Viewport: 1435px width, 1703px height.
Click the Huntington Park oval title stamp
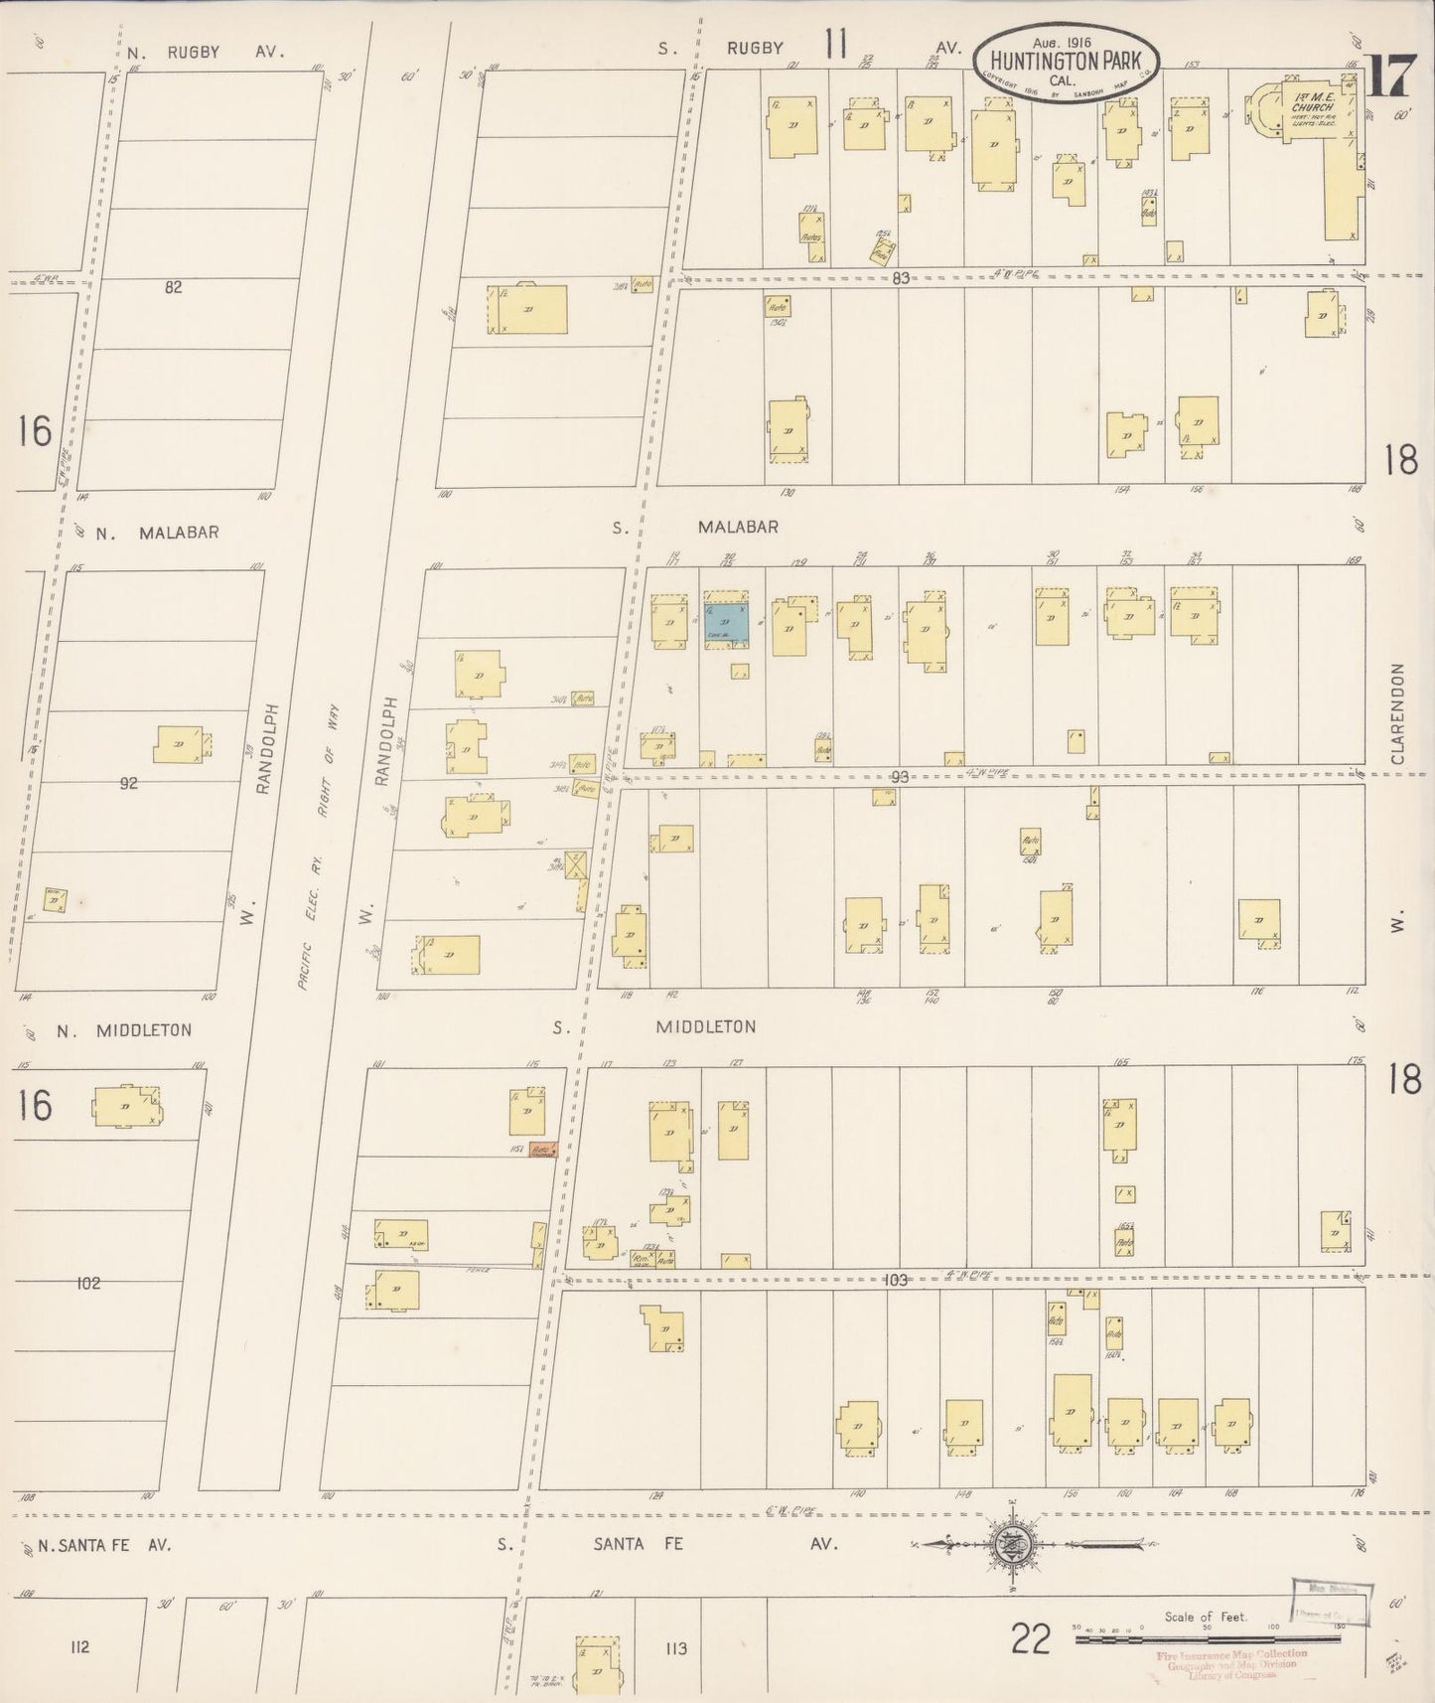tap(1066, 62)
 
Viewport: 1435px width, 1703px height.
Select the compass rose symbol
tap(1012, 1543)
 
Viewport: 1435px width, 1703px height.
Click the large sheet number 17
tap(1389, 76)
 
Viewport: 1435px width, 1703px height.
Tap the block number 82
tap(174, 287)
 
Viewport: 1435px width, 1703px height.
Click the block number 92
tap(128, 783)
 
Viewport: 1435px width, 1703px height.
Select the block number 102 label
tap(88, 1284)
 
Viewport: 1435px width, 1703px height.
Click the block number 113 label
tap(676, 1648)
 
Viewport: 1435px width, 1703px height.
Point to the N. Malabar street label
tap(158, 533)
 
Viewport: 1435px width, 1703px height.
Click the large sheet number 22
tap(1031, 1638)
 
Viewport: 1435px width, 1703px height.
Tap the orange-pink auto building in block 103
tap(542, 1150)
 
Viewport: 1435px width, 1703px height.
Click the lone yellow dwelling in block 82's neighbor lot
tap(527, 309)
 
